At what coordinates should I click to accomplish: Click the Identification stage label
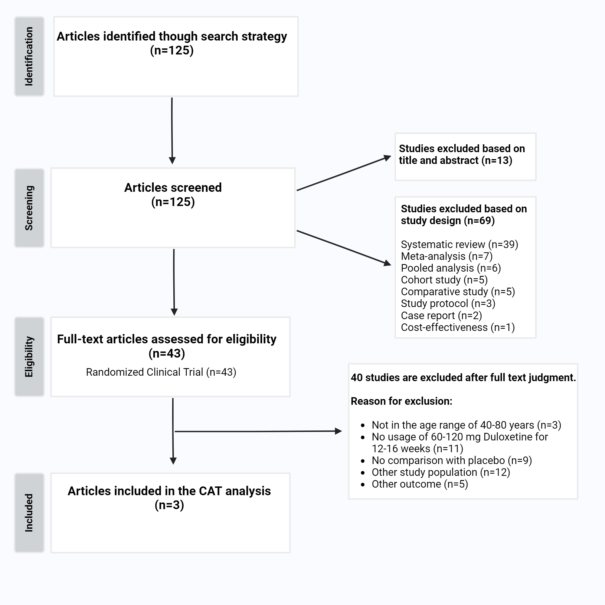[x=29, y=56]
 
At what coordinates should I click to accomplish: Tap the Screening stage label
[x=29, y=208]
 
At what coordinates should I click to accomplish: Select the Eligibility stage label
[x=29, y=357]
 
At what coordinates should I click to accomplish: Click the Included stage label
[x=29, y=513]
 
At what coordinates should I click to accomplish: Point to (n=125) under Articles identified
[x=172, y=51]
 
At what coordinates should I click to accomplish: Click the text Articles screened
[x=173, y=188]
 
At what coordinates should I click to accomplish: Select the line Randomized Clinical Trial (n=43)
[x=161, y=372]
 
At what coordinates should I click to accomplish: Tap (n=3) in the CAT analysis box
[x=169, y=505]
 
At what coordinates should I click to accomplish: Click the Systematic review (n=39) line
[x=459, y=244]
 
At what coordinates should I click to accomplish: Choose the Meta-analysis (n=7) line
[x=446, y=256]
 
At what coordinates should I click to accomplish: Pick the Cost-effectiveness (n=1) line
[x=457, y=327]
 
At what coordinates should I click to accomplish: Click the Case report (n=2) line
[x=441, y=315]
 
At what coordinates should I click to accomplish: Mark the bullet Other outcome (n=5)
[x=420, y=484]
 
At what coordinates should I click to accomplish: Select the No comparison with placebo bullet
[x=452, y=460]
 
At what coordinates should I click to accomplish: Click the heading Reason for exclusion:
[x=401, y=401]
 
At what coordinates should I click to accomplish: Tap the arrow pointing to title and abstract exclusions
[x=343, y=173]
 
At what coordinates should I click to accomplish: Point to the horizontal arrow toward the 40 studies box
[x=257, y=431]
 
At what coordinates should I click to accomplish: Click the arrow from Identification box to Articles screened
[x=172, y=131]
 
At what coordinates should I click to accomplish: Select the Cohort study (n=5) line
[x=444, y=280]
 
